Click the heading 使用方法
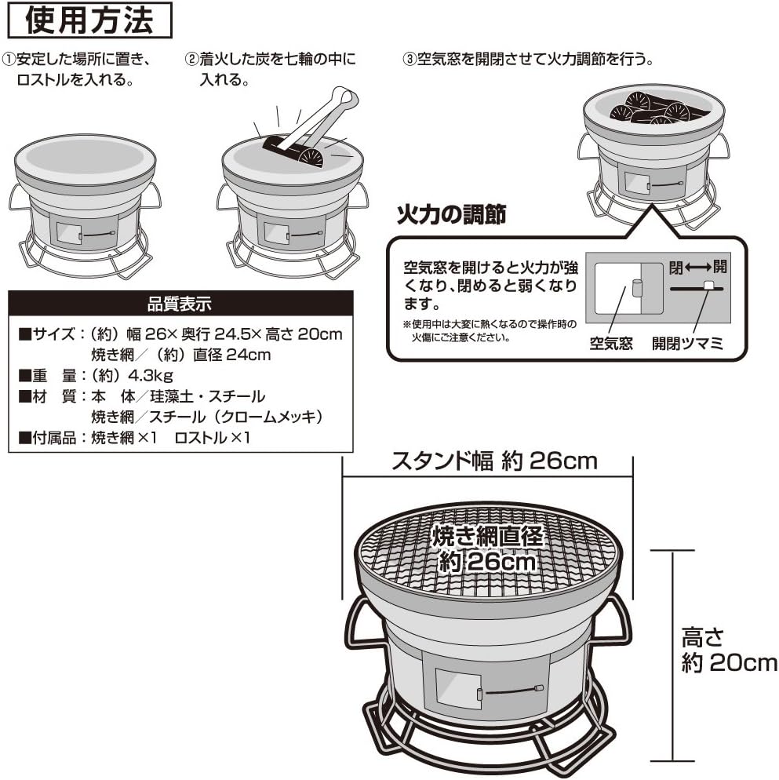click(x=88, y=20)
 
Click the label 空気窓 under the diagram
click(x=611, y=344)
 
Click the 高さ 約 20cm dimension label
click(x=726, y=649)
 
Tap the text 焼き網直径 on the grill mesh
click(x=487, y=537)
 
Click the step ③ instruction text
click(x=527, y=60)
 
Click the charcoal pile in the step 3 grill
click(x=650, y=108)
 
